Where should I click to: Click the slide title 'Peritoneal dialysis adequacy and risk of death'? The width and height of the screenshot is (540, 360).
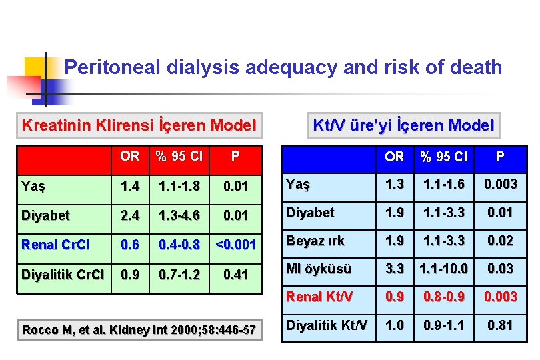(x=283, y=67)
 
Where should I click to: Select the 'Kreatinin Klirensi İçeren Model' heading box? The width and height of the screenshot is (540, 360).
(x=139, y=125)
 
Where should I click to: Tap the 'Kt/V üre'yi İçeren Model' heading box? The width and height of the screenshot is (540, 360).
(x=403, y=125)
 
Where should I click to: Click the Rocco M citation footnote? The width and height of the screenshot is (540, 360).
(x=139, y=330)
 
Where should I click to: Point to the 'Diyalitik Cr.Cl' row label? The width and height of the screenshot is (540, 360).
(x=62, y=274)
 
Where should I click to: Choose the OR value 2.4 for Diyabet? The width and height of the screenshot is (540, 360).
(x=129, y=215)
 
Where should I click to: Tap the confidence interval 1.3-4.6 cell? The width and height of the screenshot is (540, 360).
(x=179, y=215)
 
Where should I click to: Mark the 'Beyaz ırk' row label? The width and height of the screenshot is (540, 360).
(x=315, y=241)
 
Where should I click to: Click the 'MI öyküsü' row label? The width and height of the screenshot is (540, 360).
(x=318, y=269)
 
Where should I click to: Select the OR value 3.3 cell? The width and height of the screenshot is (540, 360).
(x=394, y=269)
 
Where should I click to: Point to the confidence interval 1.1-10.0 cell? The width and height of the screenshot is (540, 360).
(x=443, y=269)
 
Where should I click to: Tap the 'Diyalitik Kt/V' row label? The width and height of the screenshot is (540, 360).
(x=326, y=325)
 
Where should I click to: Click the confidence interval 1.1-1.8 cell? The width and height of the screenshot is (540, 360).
(x=179, y=187)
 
